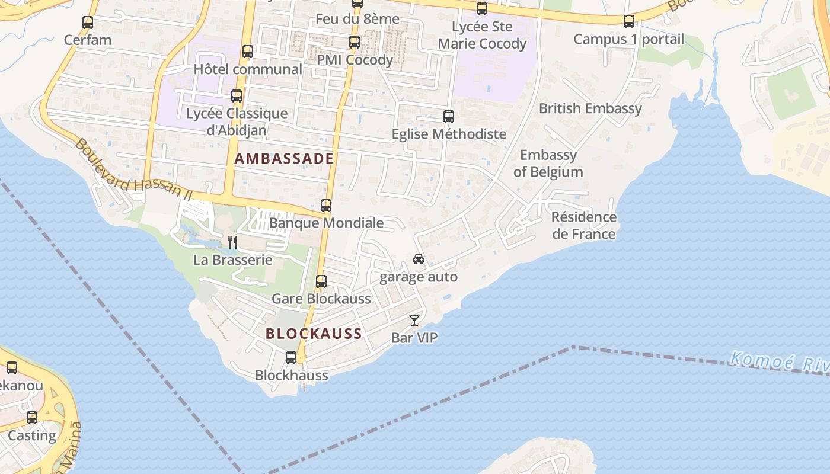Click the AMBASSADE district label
(x=284, y=159)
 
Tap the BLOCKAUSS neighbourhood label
(x=314, y=334)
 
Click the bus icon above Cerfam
(x=88, y=23)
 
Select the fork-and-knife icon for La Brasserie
(x=232, y=242)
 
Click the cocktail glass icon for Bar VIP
(x=414, y=321)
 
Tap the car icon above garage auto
(x=419, y=259)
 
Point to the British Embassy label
(x=590, y=108)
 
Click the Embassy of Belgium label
(x=548, y=164)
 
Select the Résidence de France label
(x=584, y=225)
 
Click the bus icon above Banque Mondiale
(x=326, y=206)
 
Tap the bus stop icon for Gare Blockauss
(x=321, y=281)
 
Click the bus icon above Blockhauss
(x=291, y=358)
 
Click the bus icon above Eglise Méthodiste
(x=449, y=117)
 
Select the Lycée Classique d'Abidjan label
(x=237, y=121)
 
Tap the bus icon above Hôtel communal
(x=248, y=52)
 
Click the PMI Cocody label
(x=355, y=60)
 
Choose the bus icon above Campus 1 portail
(x=629, y=22)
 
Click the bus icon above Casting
(x=32, y=418)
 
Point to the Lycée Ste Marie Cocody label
(x=482, y=35)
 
